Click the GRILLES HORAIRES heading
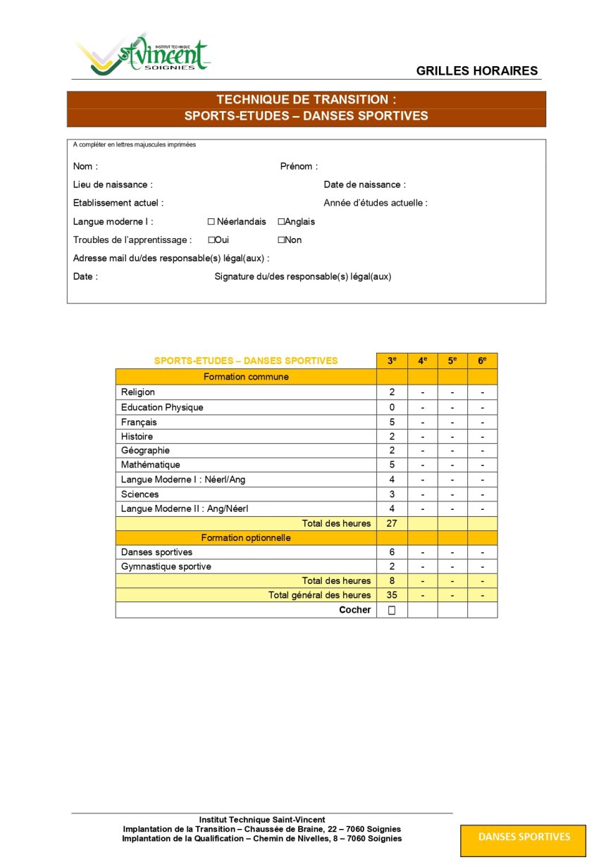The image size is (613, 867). point(477,70)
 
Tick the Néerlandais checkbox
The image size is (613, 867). point(211,222)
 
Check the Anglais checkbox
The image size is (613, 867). point(281,222)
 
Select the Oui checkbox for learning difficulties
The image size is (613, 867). point(211,240)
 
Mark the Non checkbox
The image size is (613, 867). point(281,240)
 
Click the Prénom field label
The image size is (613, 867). point(299,167)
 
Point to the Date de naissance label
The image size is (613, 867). point(364,185)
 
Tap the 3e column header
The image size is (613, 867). point(392,361)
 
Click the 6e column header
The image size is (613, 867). point(482,361)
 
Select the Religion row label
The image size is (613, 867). point(138,392)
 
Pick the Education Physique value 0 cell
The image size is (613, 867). point(392,407)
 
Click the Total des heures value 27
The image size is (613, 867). point(392,523)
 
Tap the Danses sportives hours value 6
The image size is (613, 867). point(392,552)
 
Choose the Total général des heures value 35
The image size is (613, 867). point(392,595)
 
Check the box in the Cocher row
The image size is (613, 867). point(392,611)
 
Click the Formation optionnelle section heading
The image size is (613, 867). point(246,538)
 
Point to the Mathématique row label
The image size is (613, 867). point(150,465)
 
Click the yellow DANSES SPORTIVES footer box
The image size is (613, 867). point(524,837)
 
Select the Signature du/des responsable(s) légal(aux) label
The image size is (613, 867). point(302,277)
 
